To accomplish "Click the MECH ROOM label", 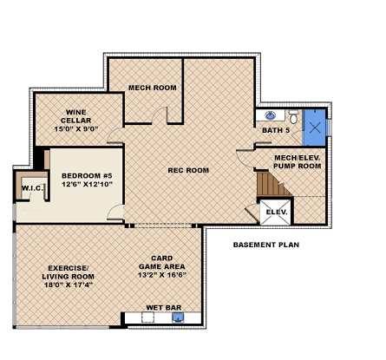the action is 153,88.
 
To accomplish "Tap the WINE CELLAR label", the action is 75,116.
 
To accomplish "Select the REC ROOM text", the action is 188,170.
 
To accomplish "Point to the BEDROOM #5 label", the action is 87,176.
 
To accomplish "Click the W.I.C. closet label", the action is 32,188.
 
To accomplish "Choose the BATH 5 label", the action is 276,130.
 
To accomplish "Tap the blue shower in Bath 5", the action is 314,128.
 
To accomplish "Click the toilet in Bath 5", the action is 293,117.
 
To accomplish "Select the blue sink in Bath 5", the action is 271,115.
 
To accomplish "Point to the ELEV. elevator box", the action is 276,213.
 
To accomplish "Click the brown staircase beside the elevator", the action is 273,184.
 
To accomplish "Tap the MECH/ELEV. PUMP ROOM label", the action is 298,162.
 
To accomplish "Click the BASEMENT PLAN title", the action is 266,245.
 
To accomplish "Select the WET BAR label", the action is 164,308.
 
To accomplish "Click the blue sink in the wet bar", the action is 177,317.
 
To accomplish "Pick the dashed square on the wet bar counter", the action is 147,317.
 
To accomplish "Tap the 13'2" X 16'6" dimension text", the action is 162,275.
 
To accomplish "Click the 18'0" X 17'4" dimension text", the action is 69,285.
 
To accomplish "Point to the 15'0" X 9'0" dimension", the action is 76,129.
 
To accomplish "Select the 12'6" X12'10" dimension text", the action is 87,184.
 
